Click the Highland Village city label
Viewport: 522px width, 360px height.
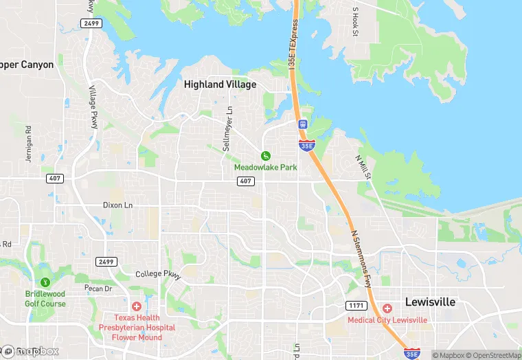tap(220, 85)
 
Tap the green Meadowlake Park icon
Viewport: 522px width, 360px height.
tap(265, 156)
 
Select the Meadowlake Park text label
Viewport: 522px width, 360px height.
tap(265, 168)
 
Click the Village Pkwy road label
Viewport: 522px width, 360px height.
tap(93, 106)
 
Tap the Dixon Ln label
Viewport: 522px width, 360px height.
tap(117, 205)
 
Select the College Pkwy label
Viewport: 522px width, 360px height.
tap(157, 274)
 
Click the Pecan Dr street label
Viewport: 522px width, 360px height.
tap(97, 289)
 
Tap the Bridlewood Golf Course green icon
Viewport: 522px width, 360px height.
tap(45, 282)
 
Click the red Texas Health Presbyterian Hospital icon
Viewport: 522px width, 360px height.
tap(137, 306)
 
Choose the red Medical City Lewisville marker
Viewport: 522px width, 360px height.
tap(387, 308)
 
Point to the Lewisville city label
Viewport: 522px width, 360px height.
tap(431, 302)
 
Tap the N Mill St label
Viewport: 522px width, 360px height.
tap(363, 167)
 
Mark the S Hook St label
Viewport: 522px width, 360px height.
tap(356, 22)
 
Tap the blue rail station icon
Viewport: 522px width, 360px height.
tap(302, 124)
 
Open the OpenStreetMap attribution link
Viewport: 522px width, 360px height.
tap(492, 355)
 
